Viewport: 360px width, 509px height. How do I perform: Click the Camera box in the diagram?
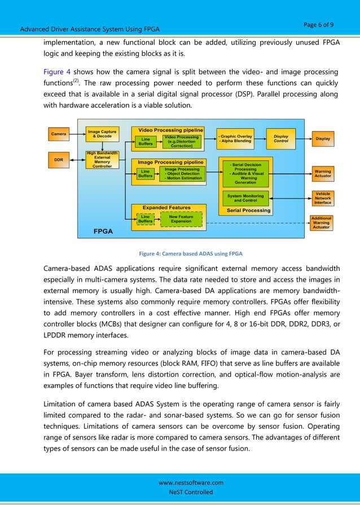[58, 134]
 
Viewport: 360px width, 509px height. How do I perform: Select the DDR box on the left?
[58, 160]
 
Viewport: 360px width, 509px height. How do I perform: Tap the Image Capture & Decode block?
[102, 134]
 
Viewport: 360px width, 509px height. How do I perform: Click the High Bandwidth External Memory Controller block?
[102, 160]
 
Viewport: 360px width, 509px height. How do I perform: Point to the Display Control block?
[280, 138]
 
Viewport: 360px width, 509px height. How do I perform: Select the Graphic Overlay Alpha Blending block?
[236, 139]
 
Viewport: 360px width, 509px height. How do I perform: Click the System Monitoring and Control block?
[245, 198]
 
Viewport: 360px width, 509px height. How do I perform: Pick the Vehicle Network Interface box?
[322, 198]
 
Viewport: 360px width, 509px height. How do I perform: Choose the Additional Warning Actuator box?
[321, 222]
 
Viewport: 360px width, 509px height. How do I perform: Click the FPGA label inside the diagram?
[103, 231]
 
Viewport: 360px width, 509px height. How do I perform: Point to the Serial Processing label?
[248, 210]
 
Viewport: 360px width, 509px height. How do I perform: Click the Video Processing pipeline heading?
[167, 130]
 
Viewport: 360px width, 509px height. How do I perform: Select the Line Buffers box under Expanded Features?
[145, 219]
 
